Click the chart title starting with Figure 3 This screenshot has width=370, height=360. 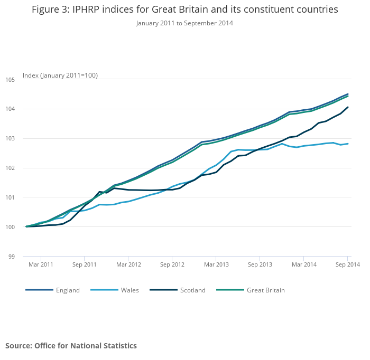tap(184, 10)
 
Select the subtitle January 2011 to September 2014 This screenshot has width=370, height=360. tap(184, 23)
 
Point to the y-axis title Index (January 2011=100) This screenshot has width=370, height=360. tap(60, 75)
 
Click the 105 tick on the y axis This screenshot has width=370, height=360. tap(10, 80)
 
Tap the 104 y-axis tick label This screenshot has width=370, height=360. tap(10, 109)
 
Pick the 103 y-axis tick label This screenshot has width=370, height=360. tap(10, 138)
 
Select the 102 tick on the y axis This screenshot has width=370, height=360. tap(10, 168)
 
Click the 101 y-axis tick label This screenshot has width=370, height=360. tap(10, 197)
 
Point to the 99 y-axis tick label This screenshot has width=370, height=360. tap(11, 257)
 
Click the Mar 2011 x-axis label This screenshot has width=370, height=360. tap(41, 264)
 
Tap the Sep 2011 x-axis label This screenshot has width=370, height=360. tap(85, 264)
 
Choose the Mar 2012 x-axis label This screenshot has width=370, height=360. tap(128, 264)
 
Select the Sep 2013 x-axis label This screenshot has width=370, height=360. tap(260, 264)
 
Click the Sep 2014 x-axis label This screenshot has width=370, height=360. tap(347, 264)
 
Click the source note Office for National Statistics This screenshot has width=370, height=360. tap(71, 346)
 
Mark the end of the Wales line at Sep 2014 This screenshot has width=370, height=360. tap(348, 144)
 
